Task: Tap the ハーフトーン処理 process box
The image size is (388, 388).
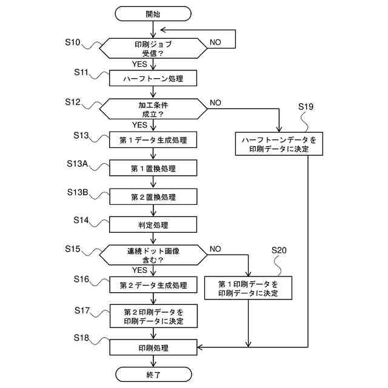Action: tap(153, 79)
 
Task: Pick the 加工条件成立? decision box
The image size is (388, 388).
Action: tap(153, 109)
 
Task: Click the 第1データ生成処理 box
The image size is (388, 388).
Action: tap(153, 140)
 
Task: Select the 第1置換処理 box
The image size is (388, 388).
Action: tap(153, 168)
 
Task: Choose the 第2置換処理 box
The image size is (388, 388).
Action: tap(153, 196)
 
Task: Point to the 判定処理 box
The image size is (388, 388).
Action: tap(153, 225)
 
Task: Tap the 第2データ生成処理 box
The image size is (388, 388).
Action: tap(153, 285)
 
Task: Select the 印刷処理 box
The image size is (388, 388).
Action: tap(153, 348)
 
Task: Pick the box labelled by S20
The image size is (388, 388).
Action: tap(248, 289)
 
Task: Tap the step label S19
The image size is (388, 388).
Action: tap(306, 107)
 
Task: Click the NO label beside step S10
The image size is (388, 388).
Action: tap(215, 42)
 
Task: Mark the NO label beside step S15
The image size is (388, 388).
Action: tap(215, 249)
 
